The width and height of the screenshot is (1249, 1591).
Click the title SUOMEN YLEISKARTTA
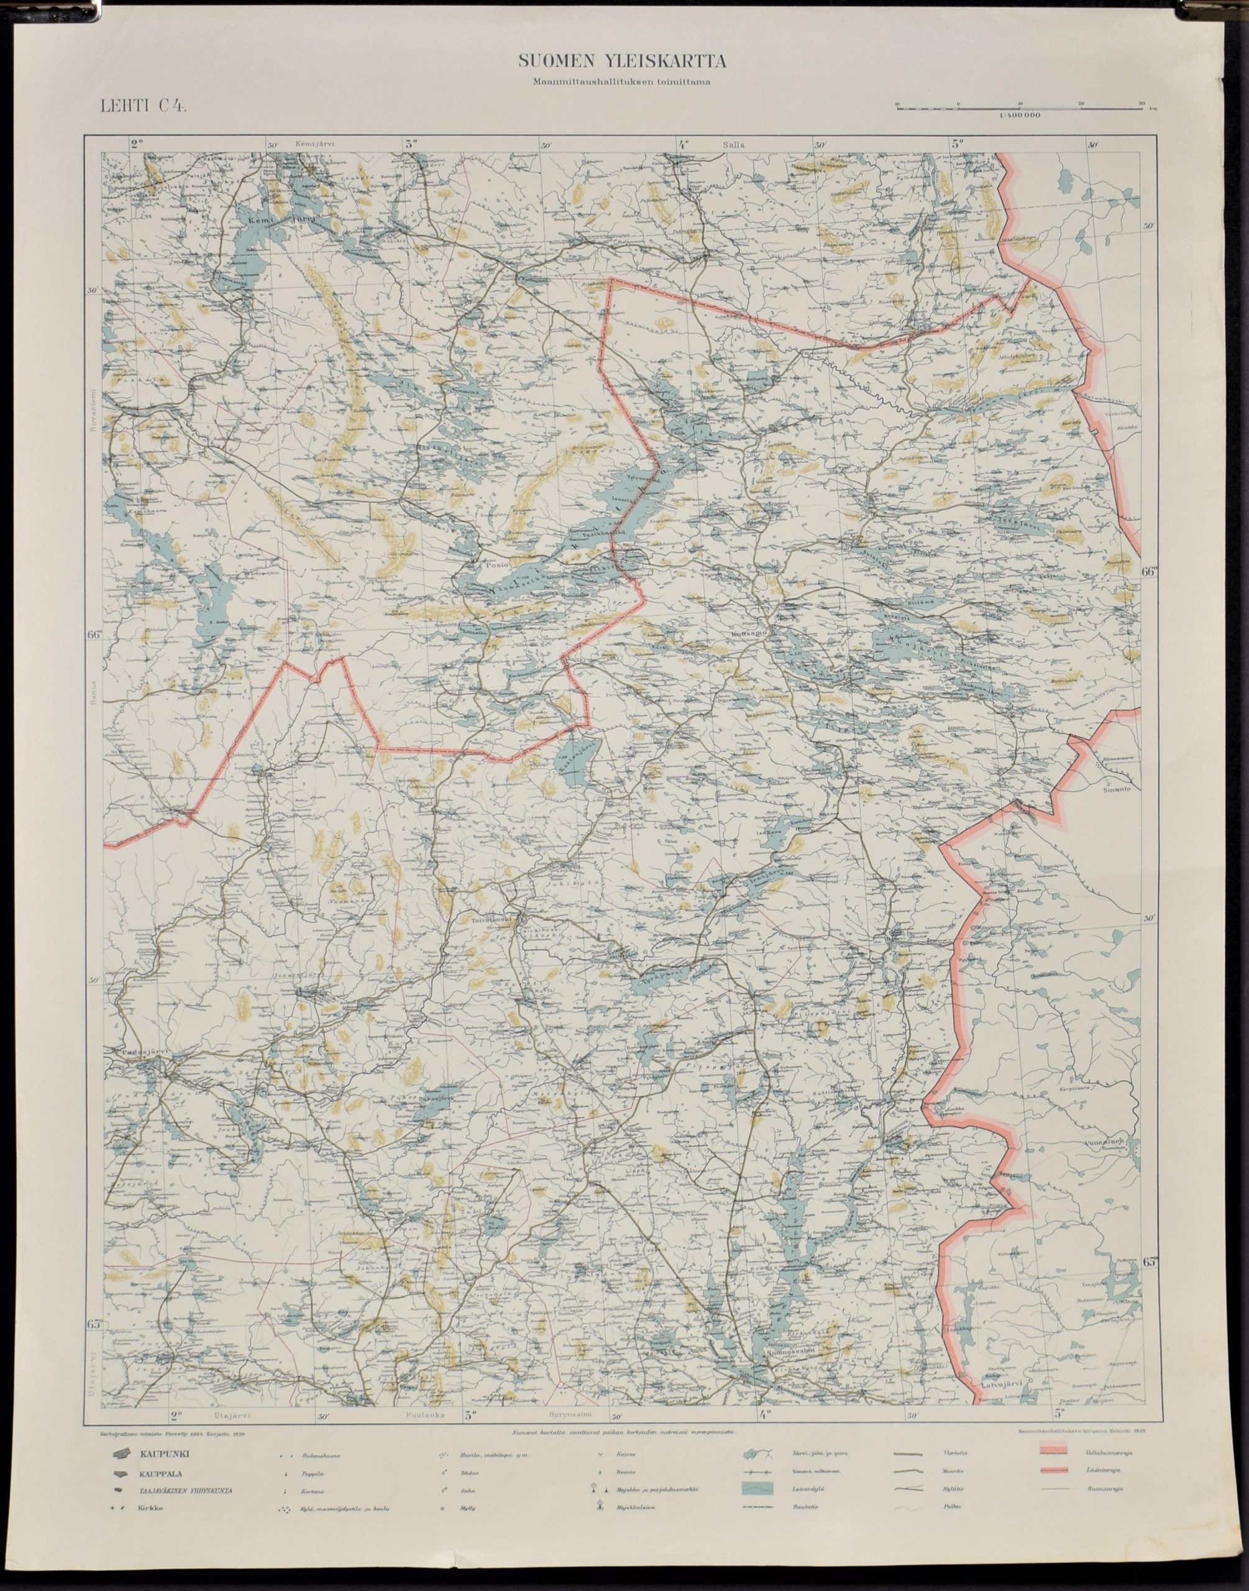click(622, 62)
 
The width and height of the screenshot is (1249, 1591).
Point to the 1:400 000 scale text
click(1021, 116)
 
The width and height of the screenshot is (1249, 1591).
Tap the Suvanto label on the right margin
click(1121, 791)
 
